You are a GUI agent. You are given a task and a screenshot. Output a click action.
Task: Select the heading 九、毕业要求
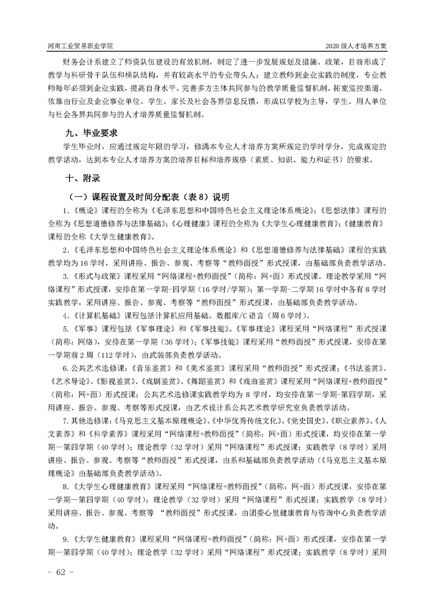click(x=91, y=133)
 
